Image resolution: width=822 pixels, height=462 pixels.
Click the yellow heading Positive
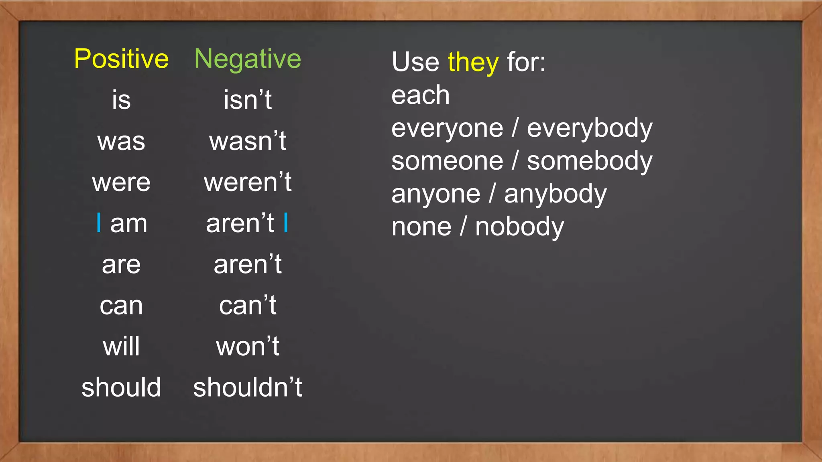[121, 59]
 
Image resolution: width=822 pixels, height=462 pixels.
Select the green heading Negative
[248, 59]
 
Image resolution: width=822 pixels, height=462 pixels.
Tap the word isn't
[248, 100]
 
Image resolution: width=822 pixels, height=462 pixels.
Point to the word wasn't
[248, 141]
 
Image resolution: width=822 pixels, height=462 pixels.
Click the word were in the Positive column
[121, 182]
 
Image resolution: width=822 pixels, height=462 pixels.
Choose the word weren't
[248, 182]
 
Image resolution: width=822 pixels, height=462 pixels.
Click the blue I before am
[99, 223]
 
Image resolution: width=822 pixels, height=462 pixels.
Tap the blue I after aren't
[286, 223]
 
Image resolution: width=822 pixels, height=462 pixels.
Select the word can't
[248, 306]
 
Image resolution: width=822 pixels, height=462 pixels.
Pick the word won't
[248, 346]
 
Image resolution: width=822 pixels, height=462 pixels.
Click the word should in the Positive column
[121, 387]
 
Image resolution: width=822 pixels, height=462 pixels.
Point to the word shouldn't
[248, 387]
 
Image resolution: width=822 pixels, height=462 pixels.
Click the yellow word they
[473, 63]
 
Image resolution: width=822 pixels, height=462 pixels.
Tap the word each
[420, 95]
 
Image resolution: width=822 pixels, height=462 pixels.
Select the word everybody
[590, 128]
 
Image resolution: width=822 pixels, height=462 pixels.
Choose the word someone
[447, 161]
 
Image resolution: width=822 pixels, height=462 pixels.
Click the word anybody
[555, 195]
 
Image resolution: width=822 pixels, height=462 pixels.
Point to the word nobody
[519, 227]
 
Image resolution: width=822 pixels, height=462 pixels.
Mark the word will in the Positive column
[121, 346]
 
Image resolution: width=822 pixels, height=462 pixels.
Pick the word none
[421, 227]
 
